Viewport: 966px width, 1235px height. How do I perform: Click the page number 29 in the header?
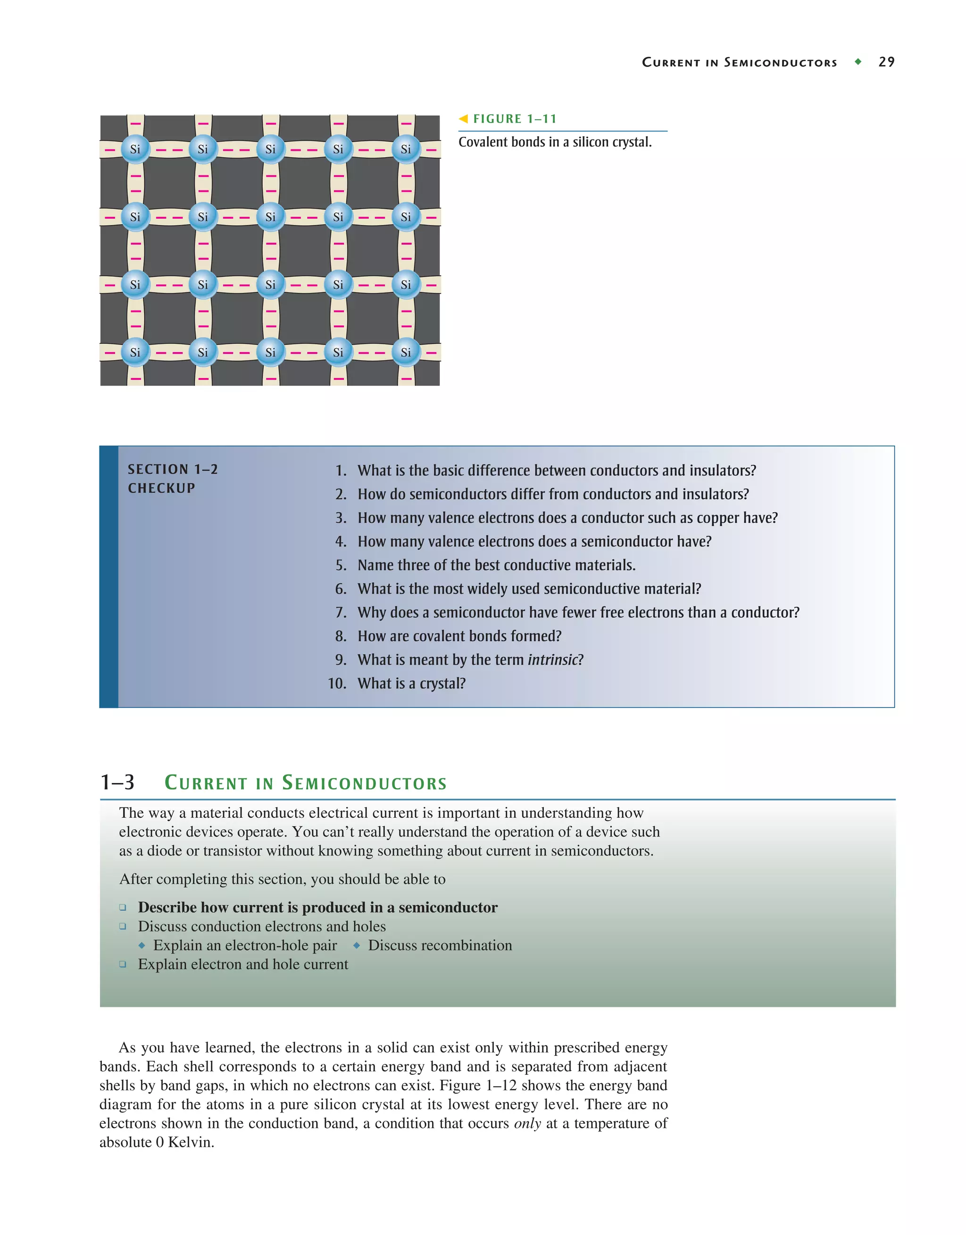tap(886, 62)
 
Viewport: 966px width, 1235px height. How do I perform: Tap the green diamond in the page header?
tap(858, 62)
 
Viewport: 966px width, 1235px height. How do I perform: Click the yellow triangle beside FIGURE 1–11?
tap(464, 119)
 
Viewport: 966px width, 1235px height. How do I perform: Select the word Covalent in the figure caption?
tap(480, 142)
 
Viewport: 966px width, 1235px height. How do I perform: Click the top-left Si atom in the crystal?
tap(135, 149)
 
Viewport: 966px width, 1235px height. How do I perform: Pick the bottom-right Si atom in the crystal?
tap(406, 352)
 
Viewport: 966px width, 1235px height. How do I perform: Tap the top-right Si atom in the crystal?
tap(406, 149)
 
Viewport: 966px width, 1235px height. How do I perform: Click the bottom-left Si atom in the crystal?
tap(135, 352)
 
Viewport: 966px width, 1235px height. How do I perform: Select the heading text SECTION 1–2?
tap(173, 469)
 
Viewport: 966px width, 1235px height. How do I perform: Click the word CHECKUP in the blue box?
tap(161, 488)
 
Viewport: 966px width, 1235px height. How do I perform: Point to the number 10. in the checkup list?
tap(337, 683)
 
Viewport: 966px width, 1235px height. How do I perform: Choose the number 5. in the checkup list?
tap(341, 566)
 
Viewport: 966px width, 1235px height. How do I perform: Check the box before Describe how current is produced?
tap(123, 907)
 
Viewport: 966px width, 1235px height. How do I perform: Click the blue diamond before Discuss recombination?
tap(357, 945)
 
